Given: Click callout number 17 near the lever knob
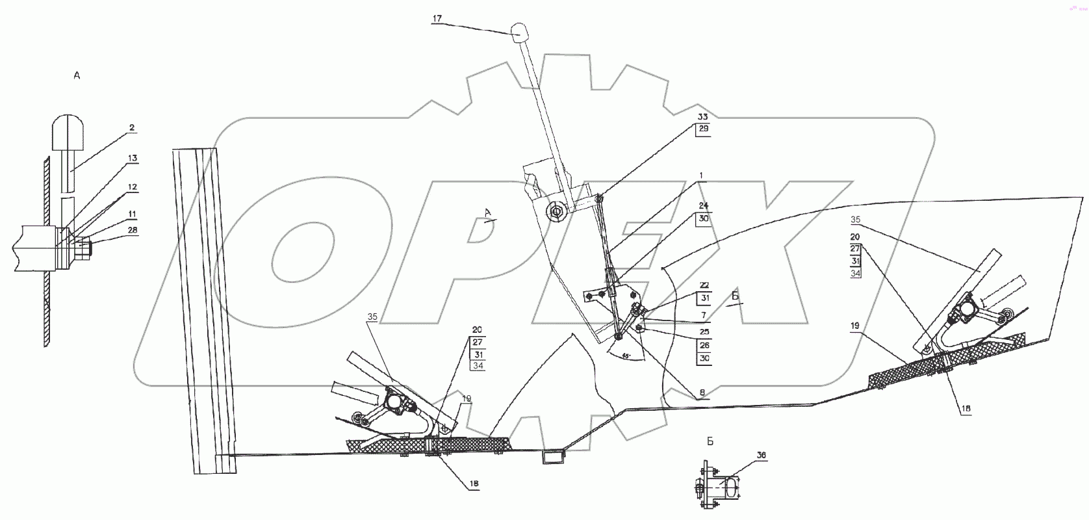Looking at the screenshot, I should click(437, 19).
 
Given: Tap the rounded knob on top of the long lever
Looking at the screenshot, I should click(521, 32).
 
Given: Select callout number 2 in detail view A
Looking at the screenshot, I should click(132, 128).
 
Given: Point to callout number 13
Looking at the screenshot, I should click(133, 159).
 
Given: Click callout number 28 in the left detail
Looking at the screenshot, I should click(133, 230).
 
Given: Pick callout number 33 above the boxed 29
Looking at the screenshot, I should click(703, 116).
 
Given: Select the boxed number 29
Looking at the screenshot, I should click(703, 129).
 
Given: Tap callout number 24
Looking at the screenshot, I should click(703, 206).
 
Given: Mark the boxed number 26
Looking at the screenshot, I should click(704, 345).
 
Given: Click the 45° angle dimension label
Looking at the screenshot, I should click(625, 356).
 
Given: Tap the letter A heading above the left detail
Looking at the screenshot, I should click(77, 76).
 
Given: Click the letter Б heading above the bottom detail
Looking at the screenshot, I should click(710, 441).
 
